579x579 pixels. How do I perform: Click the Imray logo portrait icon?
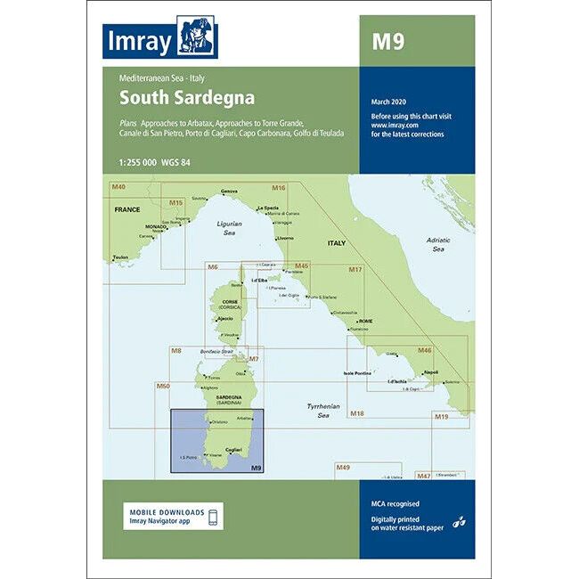(x=197, y=37)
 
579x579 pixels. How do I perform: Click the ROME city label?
(x=368, y=321)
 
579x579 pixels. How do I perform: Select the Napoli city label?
(x=431, y=372)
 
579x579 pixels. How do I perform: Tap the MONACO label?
(x=155, y=226)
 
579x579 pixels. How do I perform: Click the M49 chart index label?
(x=343, y=467)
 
